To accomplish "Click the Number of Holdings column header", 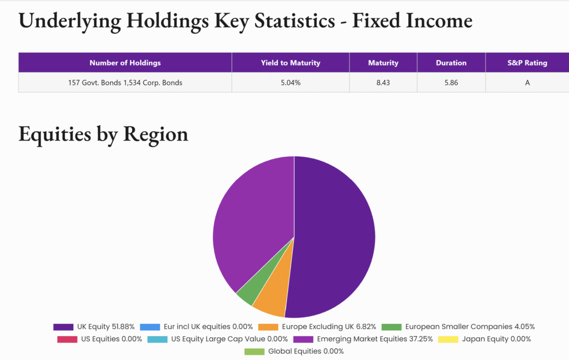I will [x=125, y=63].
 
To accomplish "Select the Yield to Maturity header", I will [x=291, y=63].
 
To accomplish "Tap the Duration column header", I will [x=451, y=63].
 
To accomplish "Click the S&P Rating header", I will [x=527, y=63].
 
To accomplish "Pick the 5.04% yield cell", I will [x=291, y=83].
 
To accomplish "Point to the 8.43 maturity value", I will [x=383, y=83].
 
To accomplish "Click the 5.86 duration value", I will [x=451, y=83].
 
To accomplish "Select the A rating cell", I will [x=527, y=83].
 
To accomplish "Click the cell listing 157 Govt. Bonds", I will [x=125, y=83].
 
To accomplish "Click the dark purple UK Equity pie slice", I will [x=333, y=233].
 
